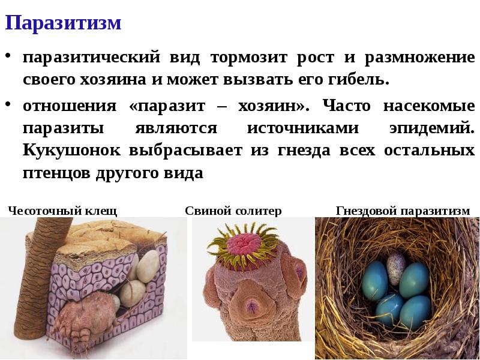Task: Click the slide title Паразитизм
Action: (x=64, y=23)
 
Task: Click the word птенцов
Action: (x=56, y=173)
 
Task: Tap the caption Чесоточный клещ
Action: (x=62, y=211)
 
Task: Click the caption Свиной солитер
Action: (x=233, y=211)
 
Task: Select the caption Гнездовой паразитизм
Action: (x=403, y=211)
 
